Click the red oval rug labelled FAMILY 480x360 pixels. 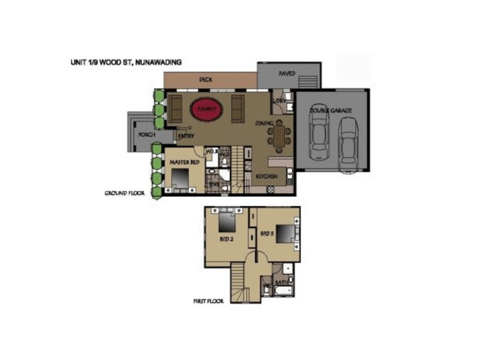tap(207, 110)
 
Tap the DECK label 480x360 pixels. tap(206, 79)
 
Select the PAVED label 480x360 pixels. tap(287, 73)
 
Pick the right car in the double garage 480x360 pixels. tap(347, 144)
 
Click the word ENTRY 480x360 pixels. tap(186, 136)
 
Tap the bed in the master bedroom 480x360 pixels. tap(181, 179)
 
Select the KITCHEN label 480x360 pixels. tap(266, 177)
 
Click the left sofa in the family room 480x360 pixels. tap(176, 108)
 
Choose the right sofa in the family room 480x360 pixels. tap(238, 108)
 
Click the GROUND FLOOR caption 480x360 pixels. tap(124, 194)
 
